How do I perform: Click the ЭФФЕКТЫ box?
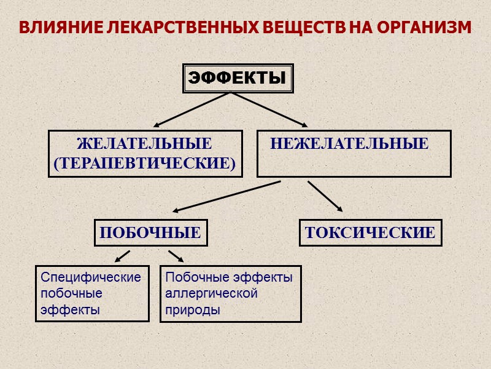(x=237, y=78)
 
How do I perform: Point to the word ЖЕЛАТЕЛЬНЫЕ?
(x=144, y=144)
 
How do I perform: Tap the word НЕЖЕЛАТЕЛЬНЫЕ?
(x=349, y=144)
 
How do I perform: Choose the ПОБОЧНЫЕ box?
(x=150, y=233)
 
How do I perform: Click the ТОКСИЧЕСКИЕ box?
(x=370, y=233)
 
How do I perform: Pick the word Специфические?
(x=91, y=277)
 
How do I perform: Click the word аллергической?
(x=211, y=293)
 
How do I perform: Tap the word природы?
(x=193, y=309)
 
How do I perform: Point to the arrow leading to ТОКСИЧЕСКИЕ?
(x=325, y=196)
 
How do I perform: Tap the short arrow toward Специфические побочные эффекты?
(x=122, y=256)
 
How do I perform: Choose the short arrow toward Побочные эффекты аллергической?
(x=176, y=256)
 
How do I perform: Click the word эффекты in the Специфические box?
(x=69, y=309)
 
